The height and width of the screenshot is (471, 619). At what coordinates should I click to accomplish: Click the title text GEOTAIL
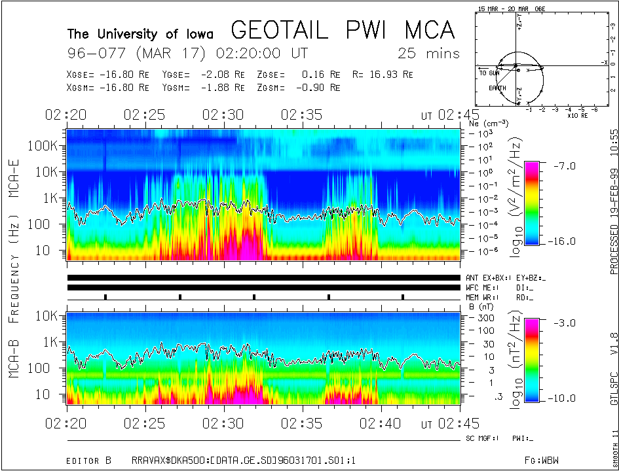286,31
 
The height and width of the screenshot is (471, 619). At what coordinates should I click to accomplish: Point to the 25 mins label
428,53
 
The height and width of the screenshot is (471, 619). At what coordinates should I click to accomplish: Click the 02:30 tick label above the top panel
223,115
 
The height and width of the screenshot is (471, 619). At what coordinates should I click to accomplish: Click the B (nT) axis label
481,305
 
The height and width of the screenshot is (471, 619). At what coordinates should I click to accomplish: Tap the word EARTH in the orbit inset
497,88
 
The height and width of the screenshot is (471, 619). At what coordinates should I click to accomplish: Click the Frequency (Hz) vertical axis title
13,266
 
